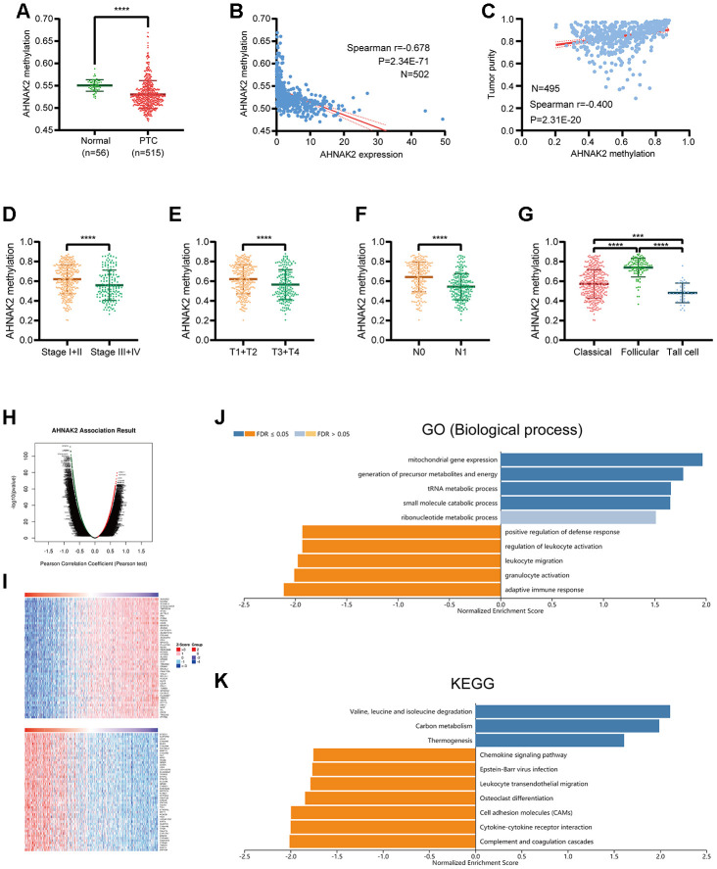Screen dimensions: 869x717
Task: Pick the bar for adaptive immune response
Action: [391, 589]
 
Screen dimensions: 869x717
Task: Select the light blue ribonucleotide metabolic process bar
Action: [577, 516]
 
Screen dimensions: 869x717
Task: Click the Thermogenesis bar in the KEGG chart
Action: [550, 741]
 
